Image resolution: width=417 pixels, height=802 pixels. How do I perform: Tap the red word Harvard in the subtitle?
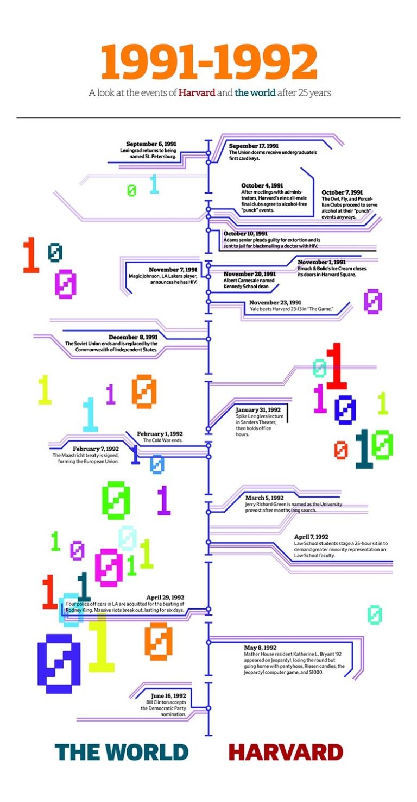(197, 93)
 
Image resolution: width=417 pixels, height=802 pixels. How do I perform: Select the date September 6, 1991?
(151, 144)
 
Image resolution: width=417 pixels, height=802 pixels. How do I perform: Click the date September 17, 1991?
(254, 146)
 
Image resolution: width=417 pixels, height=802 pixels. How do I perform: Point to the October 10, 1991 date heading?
(245, 233)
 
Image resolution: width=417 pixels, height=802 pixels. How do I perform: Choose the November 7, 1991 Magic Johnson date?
(173, 270)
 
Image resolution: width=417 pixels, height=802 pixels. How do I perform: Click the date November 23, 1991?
(275, 303)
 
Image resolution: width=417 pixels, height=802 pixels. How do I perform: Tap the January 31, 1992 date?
(258, 409)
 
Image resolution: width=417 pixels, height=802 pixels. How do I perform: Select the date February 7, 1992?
(96, 449)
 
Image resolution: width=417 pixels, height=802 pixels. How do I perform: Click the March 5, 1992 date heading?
(264, 498)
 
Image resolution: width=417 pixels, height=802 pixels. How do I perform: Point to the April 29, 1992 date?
(165, 597)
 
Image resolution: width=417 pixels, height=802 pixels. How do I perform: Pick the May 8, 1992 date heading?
(260, 648)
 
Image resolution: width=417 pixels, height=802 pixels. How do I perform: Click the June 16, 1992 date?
(168, 695)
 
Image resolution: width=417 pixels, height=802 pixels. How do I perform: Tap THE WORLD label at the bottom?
(122, 753)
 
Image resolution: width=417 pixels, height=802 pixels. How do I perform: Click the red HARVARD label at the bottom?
(286, 753)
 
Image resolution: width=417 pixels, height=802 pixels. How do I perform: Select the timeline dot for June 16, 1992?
(208, 708)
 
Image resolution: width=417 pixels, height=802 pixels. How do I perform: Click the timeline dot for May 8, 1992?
(208, 642)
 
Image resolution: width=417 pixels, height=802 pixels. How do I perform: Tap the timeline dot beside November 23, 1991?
(208, 301)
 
